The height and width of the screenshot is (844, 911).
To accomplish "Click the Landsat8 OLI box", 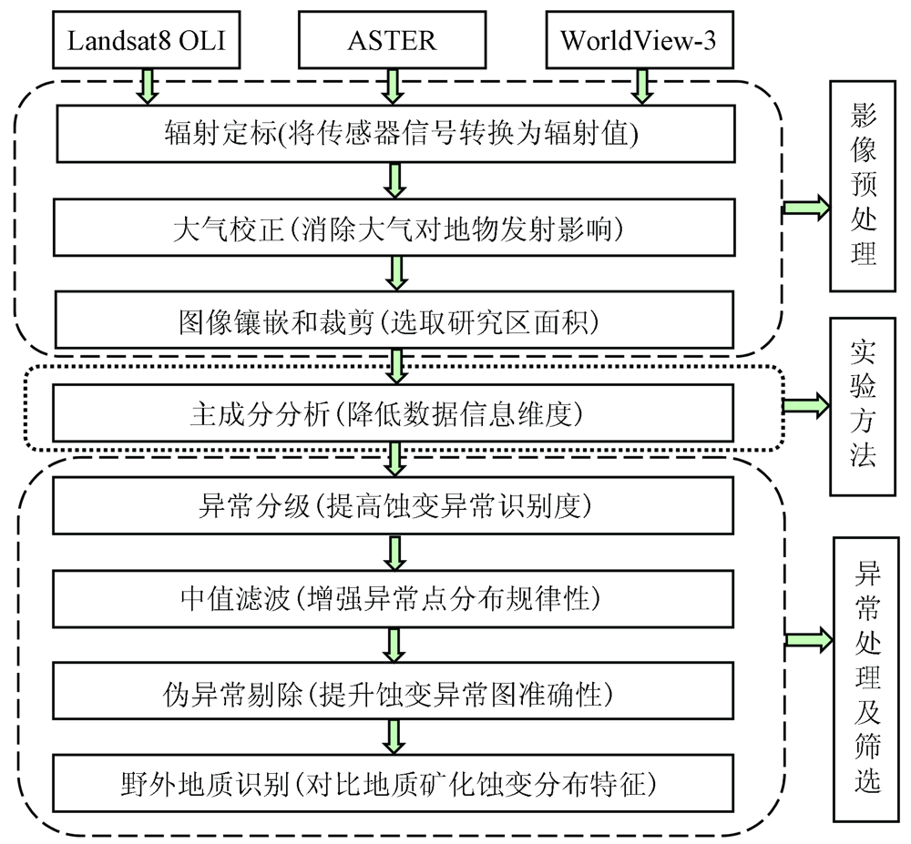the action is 147,39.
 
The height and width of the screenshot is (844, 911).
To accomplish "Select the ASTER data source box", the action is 392,39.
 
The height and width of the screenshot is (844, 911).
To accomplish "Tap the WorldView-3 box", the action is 640,39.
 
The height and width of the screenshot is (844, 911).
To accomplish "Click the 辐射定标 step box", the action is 395,134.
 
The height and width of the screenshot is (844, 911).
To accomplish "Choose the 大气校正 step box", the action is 394,228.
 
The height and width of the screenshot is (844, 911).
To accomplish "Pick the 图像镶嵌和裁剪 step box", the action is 394,320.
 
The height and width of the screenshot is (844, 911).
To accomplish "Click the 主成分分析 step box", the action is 394,412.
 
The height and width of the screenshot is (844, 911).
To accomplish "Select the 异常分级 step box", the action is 394,505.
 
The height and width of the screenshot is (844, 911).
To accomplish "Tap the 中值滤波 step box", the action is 394,598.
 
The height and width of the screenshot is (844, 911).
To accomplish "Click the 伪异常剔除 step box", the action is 394,691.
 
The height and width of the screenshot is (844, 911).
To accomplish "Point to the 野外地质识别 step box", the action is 394,784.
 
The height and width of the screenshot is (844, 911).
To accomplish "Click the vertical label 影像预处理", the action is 862,187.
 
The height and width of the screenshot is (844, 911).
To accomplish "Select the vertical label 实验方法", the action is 862,406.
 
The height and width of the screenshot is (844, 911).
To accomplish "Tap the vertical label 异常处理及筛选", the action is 866,680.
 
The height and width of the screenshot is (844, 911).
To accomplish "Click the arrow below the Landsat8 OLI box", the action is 147,86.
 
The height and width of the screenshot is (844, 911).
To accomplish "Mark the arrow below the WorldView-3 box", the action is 641,86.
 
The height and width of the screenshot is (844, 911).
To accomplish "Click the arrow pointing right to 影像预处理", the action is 806,208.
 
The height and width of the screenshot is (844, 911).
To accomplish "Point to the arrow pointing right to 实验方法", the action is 806,404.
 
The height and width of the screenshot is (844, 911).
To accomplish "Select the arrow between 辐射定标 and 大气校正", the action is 395,180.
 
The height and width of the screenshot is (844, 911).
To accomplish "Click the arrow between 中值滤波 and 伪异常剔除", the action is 394,645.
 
